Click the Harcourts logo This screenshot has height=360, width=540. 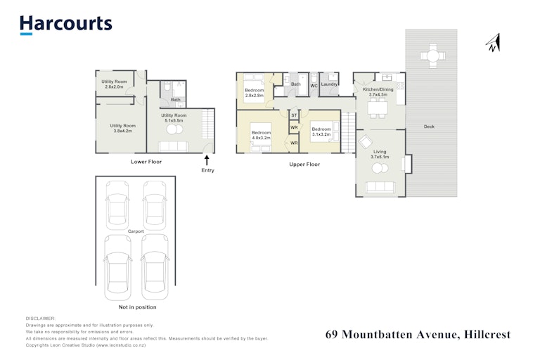pyautogui.click(x=66, y=25)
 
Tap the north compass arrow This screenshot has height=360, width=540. pyautogui.click(x=494, y=43)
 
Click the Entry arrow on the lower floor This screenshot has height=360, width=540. pyautogui.click(x=207, y=160)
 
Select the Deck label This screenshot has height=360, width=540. pyautogui.click(x=429, y=127)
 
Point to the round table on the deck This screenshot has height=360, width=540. pyautogui.click(x=433, y=56)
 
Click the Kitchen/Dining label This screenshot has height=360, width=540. pyautogui.click(x=378, y=89)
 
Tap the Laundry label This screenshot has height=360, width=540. pyautogui.click(x=329, y=84)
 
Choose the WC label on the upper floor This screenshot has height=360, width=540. pyautogui.click(x=314, y=86)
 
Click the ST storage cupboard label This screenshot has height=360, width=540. pyautogui.click(x=294, y=115)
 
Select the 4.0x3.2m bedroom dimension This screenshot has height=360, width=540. pyautogui.click(x=261, y=138)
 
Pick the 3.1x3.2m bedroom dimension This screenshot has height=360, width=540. pyautogui.click(x=321, y=134)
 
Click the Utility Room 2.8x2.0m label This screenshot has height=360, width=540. pyautogui.click(x=114, y=84)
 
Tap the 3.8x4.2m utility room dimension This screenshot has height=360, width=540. pyautogui.click(x=123, y=131)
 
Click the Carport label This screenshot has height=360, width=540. pyautogui.click(x=136, y=231)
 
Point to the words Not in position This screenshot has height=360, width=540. pyautogui.click(x=137, y=307)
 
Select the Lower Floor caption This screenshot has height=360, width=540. pyautogui.click(x=146, y=162)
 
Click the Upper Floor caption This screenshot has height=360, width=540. pyautogui.click(x=304, y=165)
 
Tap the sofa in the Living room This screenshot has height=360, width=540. pyautogui.click(x=380, y=187)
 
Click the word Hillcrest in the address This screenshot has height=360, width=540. pyautogui.click(x=487, y=335)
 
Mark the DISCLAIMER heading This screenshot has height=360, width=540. pyautogui.click(x=40, y=319)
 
